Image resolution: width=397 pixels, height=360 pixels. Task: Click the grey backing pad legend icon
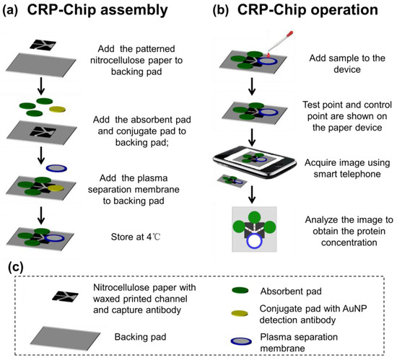pyautogui.click(x=56, y=335)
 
